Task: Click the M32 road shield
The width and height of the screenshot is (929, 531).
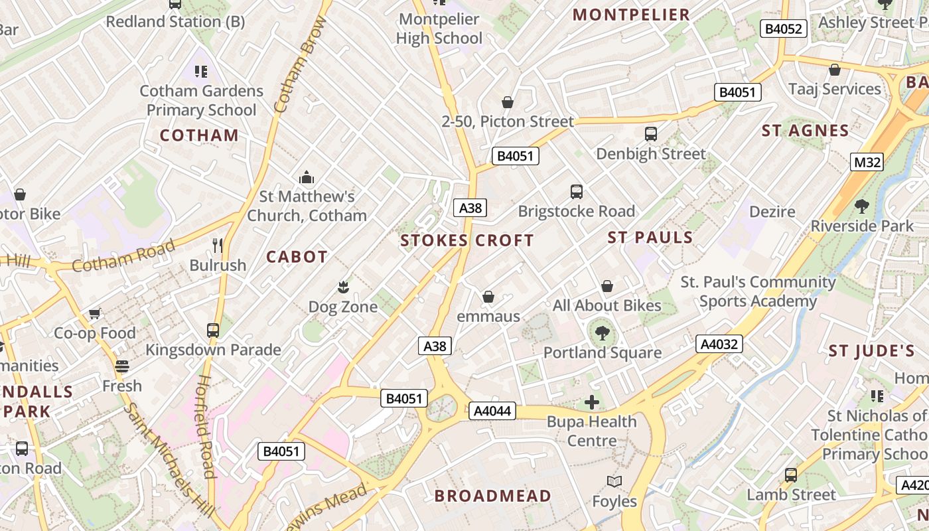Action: (867, 161)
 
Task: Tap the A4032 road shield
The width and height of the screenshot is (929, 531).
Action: (719, 344)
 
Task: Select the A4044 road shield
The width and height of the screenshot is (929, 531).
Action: (492, 411)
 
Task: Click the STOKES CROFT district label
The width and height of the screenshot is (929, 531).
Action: (467, 240)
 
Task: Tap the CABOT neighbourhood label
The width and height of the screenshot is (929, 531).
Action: (297, 257)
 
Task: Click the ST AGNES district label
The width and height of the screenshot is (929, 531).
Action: (805, 131)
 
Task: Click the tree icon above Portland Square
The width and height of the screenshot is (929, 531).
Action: (603, 333)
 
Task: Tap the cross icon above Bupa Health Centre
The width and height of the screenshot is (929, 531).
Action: (591, 402)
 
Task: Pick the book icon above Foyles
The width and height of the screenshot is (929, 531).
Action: (614, 481)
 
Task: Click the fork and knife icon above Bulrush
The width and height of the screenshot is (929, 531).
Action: (218, 246)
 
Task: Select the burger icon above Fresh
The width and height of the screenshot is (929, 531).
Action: (121, 366)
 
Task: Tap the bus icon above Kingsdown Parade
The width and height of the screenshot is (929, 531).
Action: (213, 330)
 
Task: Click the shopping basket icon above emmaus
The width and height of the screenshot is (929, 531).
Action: (488, 296)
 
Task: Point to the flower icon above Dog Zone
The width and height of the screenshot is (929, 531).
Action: (343, 287)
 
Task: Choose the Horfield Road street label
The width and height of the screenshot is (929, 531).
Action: (206, 426)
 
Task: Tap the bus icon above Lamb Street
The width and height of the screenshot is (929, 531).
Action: (791, 475)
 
